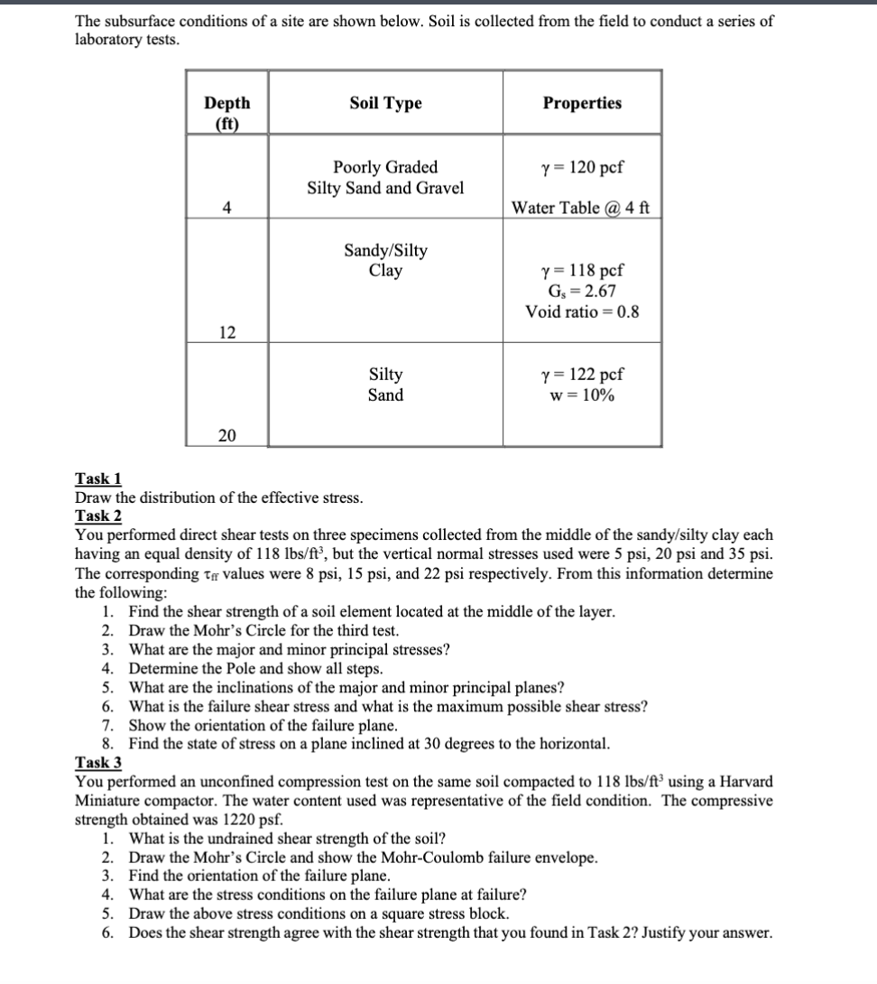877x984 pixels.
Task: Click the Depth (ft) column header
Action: pyautogui.click(x=227, y=112)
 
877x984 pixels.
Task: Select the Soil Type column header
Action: pyautogui.click(x=385, y=103)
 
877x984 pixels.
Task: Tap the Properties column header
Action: pyautogui.click(x=582, y=103)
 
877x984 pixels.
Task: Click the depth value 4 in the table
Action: pyautogui.click(x=226, y=208)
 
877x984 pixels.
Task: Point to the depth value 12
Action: pyautogui.click(x=226, y=332)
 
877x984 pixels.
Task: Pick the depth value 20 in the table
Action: pyautogui.click(x=226, y=436)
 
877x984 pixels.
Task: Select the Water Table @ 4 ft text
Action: pyautogui.click(x=581, y=209)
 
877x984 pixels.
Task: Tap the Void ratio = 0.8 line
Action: pyautogui.click(x=582, y=311)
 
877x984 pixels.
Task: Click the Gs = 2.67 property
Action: pyautogui.click(x=582, y=291)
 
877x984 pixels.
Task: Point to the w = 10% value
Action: pyautogui.click(x=582, y=395)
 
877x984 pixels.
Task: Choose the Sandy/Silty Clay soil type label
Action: pyautogui.click(x=385, y=260)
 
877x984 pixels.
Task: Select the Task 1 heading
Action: pyautogui.click(x=99, y=479)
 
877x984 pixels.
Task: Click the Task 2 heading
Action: pyautogui.click(x=99, y=516)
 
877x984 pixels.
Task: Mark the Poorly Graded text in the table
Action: pyautogui.click(x=385, y=167)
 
